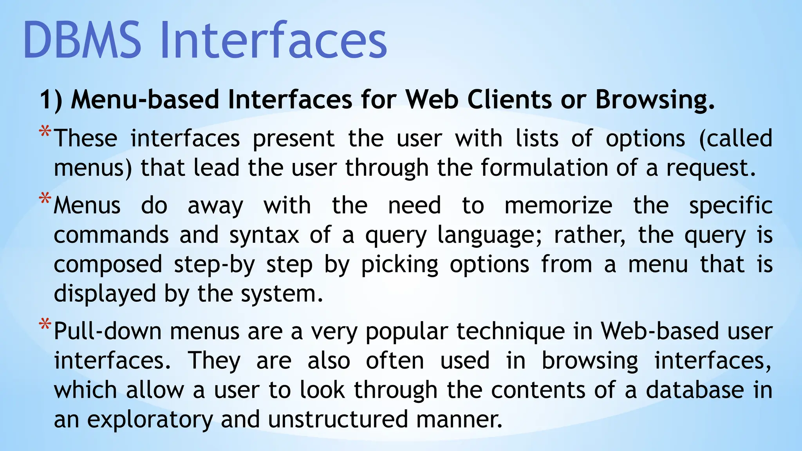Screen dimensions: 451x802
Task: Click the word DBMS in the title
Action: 82,40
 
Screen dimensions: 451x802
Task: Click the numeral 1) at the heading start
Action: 51,99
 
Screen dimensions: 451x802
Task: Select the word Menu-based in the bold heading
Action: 145,99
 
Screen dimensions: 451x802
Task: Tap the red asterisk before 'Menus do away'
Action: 45,199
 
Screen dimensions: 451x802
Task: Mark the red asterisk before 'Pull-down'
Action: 45,325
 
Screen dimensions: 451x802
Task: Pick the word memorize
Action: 558,206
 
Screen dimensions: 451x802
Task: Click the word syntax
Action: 264,235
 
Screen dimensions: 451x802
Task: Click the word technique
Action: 511,332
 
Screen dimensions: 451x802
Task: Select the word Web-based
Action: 660,331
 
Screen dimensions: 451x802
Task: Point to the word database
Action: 695,390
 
